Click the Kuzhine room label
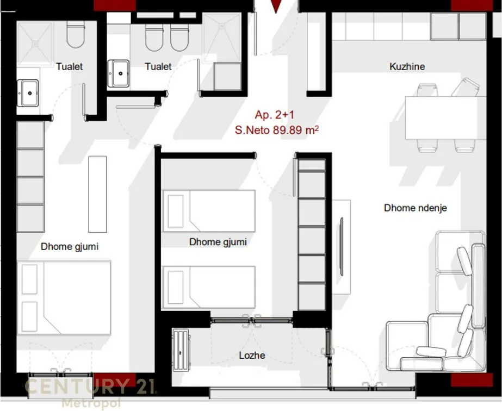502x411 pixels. [407, 66]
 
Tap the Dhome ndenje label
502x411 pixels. [415, 208]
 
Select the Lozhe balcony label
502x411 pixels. [252, 356]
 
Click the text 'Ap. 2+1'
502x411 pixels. [274, 115]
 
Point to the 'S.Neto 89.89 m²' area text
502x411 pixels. [277, 130]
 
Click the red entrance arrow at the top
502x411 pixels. [276, 7]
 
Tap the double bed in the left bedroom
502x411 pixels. [64, 298]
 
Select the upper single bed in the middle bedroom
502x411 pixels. [209, 211]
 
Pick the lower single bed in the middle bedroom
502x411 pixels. [209, 287]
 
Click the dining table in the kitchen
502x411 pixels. [445, 118]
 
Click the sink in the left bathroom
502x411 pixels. [28, 93]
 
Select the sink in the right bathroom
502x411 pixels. [119, 73]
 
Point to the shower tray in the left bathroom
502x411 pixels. [35, 43]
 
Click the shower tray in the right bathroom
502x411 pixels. [222, 37]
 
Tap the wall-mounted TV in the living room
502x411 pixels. [342, 246]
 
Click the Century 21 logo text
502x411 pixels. [91, 386]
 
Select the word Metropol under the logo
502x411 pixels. [91, 402]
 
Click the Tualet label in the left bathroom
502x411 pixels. [69, 66]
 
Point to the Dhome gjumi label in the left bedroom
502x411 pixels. [70, 247]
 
